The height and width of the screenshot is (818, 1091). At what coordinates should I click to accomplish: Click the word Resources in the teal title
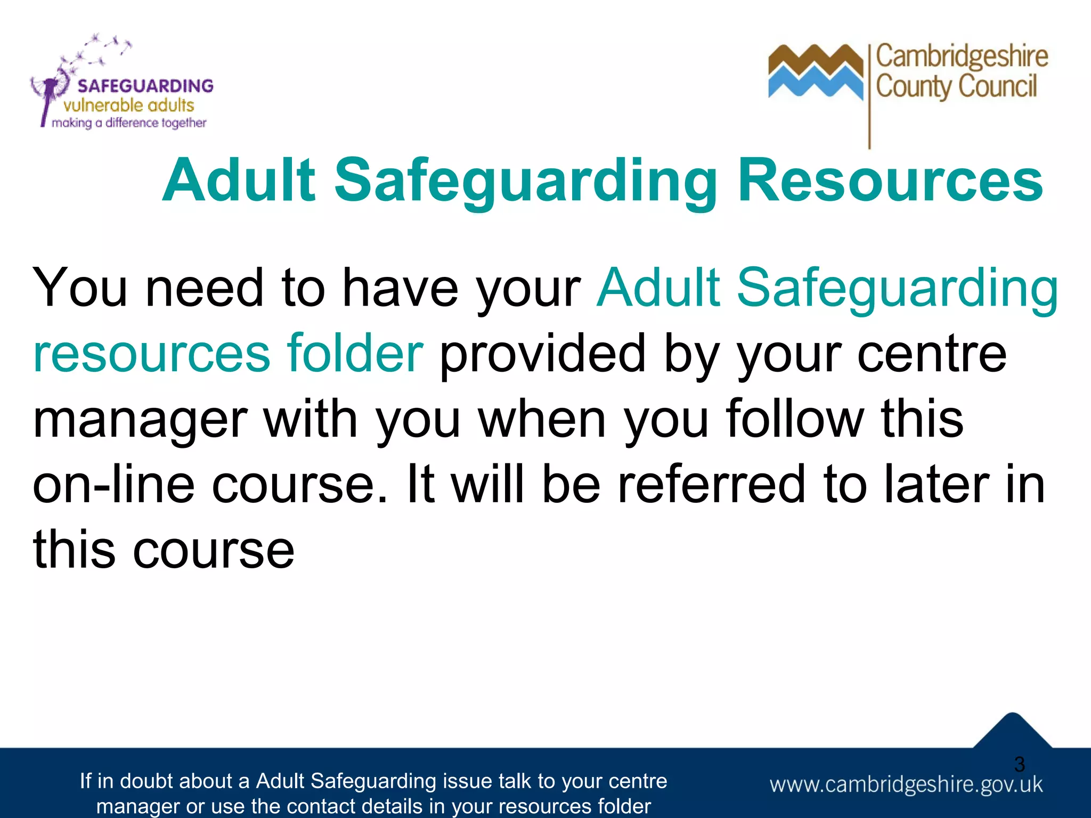[890, 181]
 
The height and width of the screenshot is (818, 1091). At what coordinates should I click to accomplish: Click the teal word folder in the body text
[355, 353]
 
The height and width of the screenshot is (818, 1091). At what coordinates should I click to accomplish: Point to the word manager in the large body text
[140, 421]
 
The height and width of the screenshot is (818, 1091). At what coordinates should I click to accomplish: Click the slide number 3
[1019, 764]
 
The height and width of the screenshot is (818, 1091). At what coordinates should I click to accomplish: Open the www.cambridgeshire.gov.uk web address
[906, 785]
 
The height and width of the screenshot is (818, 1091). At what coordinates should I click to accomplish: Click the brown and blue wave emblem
[815, 72]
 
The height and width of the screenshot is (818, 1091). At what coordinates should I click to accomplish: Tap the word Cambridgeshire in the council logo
[962, 56]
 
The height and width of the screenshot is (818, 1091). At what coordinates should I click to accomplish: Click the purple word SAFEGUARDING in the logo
[145, 86]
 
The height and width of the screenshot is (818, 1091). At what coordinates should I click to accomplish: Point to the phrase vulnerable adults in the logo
[128, 105]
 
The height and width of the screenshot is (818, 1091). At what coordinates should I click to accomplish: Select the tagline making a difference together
[129, 123]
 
